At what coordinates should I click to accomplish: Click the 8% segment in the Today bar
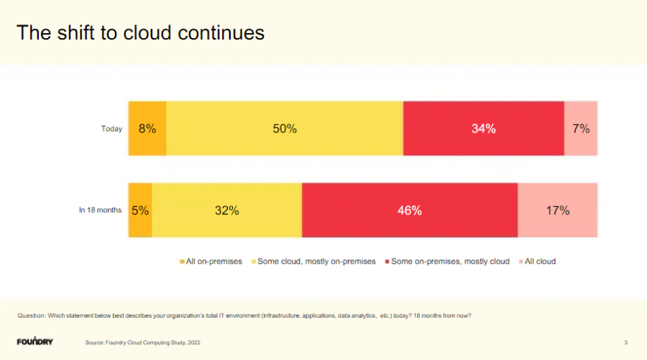(147, 129)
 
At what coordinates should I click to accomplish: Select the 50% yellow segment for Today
(285, 129)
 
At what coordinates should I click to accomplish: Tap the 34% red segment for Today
(483, 129)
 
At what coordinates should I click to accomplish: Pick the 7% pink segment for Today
(581, 129)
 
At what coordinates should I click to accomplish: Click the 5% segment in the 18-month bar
(140, 211)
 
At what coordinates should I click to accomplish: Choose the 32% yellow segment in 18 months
(227, 211)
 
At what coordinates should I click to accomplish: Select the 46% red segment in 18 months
(410, 211)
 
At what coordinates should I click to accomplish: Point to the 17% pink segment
(557, 211)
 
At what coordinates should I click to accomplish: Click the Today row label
(111, 129)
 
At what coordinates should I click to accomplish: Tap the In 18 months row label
(100, 211)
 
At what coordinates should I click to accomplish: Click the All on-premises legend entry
(214, 262)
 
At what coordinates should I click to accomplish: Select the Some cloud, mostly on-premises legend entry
(316, 262)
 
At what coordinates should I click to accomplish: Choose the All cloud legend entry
(540, 262)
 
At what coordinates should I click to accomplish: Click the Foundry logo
(35, 341)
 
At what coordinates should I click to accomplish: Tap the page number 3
(625, 342)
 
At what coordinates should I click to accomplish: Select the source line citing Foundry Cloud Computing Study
(143, 343)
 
